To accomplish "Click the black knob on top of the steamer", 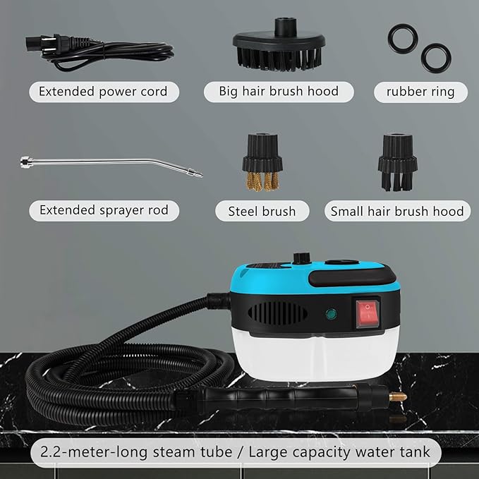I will tap(301, 258).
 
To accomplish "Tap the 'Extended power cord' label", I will tap(102, 92).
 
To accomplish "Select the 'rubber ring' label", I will tap(421, 92).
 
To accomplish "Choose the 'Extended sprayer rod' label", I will tap(103, 210).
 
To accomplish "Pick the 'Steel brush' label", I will tap(258, 211).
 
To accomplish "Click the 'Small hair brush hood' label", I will tap(397, 211).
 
